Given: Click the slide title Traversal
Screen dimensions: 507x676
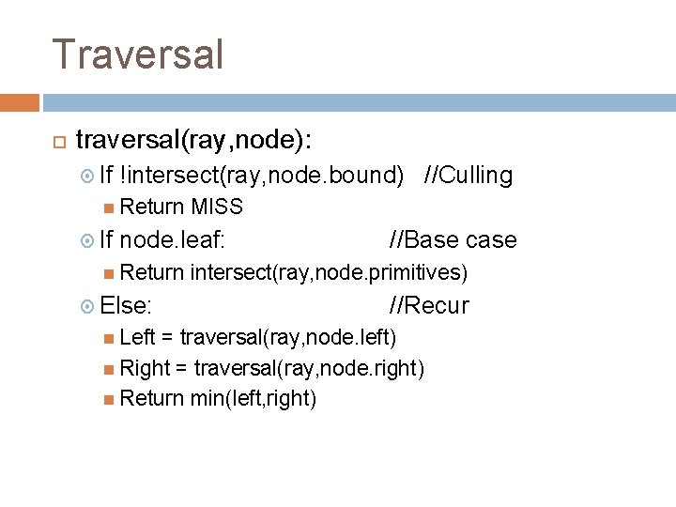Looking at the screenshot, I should pyautogui.click(x=138, y=54).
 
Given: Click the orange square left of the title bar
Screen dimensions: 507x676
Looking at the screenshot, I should pyautogui.click(x=20, y=102).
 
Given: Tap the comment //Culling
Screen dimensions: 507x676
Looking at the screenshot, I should pyautogui.click(x=469, y=176).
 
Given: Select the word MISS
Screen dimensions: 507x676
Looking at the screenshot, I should pyautogui.click(x=216, y=207).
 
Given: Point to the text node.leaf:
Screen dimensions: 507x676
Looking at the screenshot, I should pyautogui.click(x=173, y=239).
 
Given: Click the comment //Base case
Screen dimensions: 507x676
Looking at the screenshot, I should pyautogui.click(x=453, y=239).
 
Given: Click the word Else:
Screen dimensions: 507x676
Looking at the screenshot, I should pyautogui.click(x=127, y=305).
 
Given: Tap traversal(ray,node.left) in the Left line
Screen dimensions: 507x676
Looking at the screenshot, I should pyautogui.click(x=288, y=336).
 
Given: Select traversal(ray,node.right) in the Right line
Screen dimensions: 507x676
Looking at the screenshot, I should pyautogui.click(x=310, y=367).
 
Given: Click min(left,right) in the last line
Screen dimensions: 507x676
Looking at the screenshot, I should pyautogui.click(x=253, y=398).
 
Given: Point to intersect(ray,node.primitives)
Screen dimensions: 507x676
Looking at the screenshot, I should pyautogui.click(x=329, y=272).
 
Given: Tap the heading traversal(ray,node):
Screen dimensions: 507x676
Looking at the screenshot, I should pyautogui.click(x=194, y=141).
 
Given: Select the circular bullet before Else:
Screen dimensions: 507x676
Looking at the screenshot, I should pyautogui.click(x=88, y=306).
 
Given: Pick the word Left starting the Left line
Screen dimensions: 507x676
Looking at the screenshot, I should pyautogui.click(x=138, y=336).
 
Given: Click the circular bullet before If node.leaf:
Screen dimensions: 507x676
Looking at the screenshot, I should pyautogui.click(x=88, y=240).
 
